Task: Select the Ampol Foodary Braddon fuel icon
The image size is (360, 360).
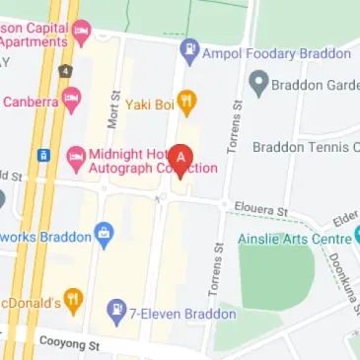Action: click(x=190, y=48)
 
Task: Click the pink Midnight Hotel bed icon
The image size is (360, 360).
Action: click(x=75, y=155)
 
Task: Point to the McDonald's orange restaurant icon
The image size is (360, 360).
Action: click(x=73, y=301)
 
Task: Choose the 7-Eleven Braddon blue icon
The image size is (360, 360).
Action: click(x=116, y=313)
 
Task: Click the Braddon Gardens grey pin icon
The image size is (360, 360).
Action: click(x=258, y=85)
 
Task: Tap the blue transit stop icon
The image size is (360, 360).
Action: click(x=44, y=155)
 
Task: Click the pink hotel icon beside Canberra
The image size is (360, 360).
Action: click(x=70, y=101)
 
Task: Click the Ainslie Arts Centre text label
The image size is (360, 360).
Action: click(x=294, y=238)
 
